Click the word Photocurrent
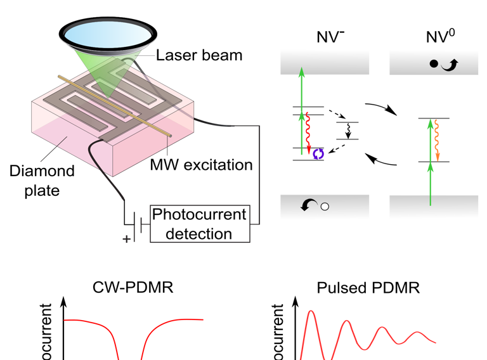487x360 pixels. (199, 214)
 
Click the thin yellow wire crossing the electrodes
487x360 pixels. (114, 105)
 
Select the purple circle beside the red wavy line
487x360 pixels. (319, 153)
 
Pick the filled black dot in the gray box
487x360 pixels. (434, 64)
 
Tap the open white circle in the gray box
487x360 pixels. (325, 207)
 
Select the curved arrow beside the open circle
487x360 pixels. (309, 205)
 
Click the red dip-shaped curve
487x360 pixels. (133, 336)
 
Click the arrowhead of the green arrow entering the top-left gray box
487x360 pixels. (302, 72)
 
